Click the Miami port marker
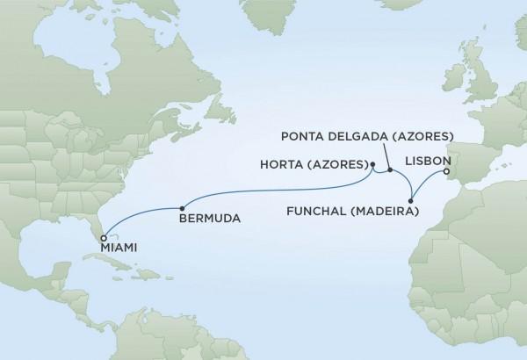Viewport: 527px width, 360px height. pos(104,237)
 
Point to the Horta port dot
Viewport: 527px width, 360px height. pos(373,164)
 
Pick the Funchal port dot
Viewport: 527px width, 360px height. pos(410,201)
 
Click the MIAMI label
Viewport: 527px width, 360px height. pos(120,248)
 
